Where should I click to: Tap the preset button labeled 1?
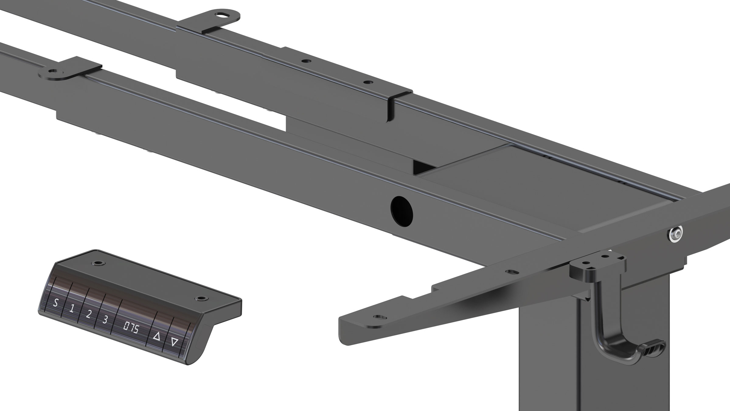pos(72,309)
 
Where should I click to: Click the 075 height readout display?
pos(131,329)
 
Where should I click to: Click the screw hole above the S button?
pos(98,262)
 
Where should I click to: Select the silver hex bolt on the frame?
pos(676,234)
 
